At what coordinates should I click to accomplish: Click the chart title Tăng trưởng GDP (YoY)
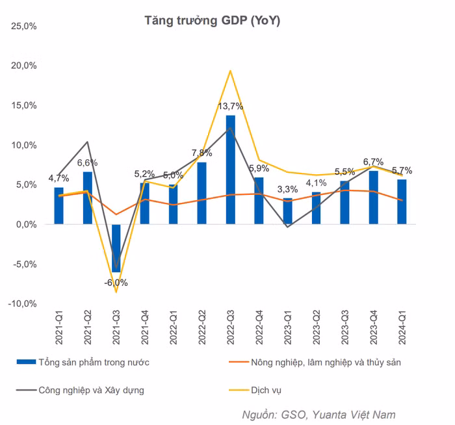pos(212,21)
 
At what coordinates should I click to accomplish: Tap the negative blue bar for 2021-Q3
pos(116,247)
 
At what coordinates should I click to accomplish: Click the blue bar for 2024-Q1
pos(402,201)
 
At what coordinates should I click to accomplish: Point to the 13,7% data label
pos(231,107)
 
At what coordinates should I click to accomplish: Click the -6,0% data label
pos(116,283)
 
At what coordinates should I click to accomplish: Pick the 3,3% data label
pos(287,190)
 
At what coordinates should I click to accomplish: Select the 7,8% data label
pos(201,153)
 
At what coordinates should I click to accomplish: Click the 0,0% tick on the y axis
pos(25,225)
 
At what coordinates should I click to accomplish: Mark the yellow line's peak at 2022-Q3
pos(231,70)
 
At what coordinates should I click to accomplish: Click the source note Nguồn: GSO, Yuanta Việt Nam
pos(318,414)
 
